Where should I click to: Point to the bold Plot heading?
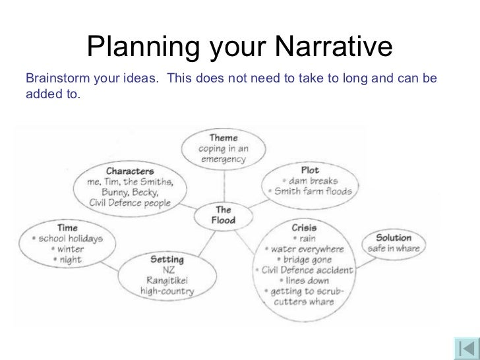(309, 169)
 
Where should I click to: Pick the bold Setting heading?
(167, 259)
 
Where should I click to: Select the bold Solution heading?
(394, 237)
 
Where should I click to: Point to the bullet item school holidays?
(66, 239)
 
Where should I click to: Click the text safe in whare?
(394, 249)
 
